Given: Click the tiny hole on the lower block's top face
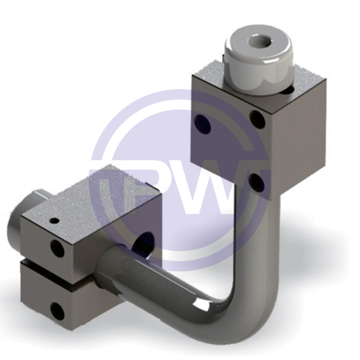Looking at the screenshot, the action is (55, 221).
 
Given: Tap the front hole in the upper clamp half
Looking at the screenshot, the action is (57, 248).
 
